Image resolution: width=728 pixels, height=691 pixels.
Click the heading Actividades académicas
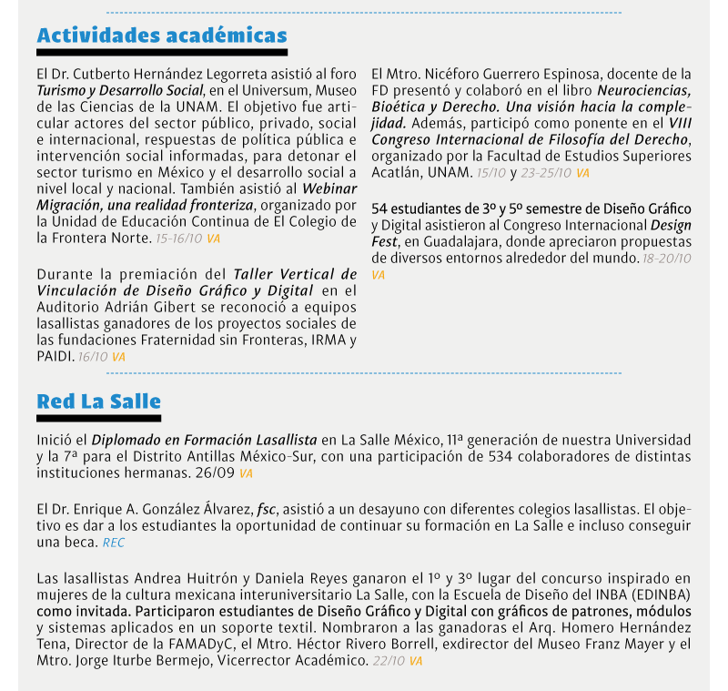[162, 36]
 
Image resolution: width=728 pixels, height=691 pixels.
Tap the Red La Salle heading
[98, 401]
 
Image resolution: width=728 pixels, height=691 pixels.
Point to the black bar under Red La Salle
[98, 419]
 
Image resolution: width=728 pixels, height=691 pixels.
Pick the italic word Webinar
[329, 188]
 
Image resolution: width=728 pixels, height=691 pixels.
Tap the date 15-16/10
[179, 238]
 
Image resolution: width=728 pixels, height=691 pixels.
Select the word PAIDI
[55, 356]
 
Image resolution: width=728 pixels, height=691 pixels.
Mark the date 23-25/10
[545, 172]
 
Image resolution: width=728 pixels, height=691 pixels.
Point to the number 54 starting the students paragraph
[380, 209]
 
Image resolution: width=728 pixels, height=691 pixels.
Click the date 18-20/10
[667, 259]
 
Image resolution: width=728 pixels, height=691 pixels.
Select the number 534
[502, 456]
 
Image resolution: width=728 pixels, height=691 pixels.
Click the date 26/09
[215, 473]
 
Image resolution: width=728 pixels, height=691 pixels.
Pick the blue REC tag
[113, 542]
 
